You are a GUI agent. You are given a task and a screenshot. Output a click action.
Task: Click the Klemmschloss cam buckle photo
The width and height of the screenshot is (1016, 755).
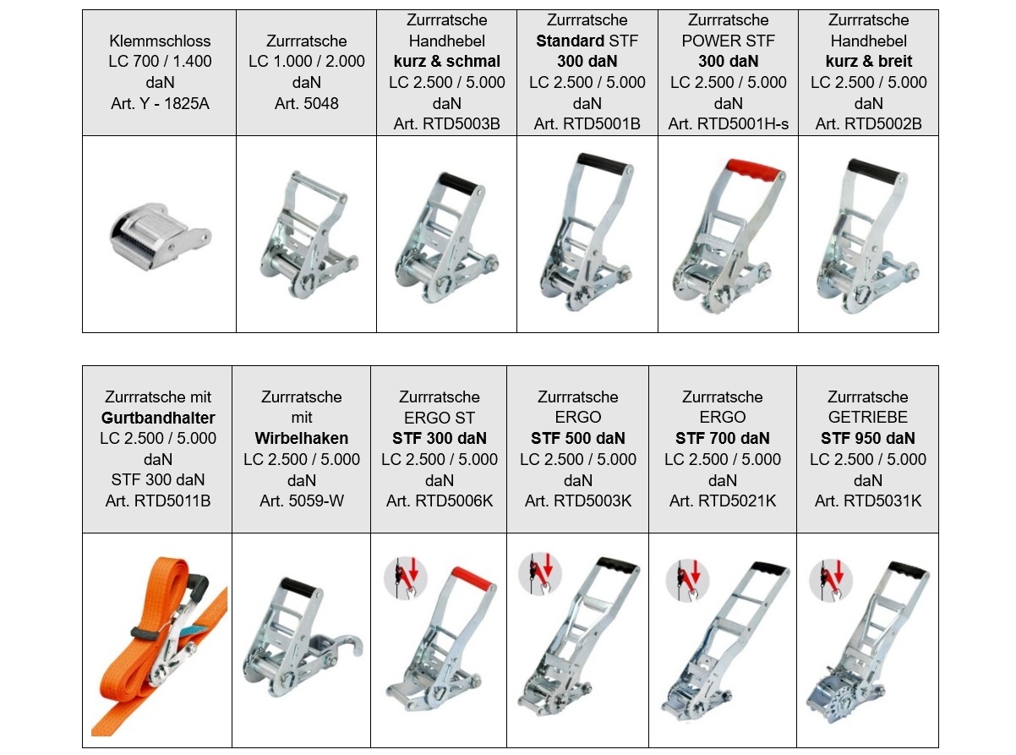[x=160, y=237]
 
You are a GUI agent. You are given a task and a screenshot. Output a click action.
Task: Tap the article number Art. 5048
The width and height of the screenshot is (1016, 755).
[x=307, y=103]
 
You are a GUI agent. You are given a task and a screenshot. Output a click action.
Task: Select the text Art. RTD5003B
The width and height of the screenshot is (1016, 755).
[x=446, y=124]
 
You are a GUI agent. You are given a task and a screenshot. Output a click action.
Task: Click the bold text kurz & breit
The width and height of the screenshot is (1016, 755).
[x=868, y=62]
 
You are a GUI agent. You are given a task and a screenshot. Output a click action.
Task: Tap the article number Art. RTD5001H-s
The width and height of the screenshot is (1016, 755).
[x=728, y=124]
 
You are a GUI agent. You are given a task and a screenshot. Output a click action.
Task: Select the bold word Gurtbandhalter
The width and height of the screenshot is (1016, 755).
[x=158, y=418]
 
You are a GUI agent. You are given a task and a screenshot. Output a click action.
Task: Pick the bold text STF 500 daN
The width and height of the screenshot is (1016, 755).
[x=577, y=439]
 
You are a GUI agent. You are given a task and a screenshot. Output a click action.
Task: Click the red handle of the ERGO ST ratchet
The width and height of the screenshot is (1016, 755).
[x=472, y=579]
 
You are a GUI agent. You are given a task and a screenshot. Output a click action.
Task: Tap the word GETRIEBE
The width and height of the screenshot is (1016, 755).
[x=867, y=418]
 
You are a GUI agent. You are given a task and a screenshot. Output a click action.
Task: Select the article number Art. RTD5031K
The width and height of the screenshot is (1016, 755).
[x=867, y=501]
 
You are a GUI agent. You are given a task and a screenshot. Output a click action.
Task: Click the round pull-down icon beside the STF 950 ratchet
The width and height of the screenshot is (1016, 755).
[x=831, y=581]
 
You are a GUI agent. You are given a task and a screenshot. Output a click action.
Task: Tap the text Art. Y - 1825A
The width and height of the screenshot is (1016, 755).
[x=160, y=103]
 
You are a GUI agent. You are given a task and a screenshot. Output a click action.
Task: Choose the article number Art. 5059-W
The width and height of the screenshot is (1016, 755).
[x=302, y=501]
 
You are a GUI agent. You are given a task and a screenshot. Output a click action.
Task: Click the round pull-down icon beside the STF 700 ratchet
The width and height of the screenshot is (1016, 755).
[x=687, y=581]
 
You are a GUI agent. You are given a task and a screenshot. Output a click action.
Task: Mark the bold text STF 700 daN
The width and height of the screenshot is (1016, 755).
[x=723, y=439]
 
